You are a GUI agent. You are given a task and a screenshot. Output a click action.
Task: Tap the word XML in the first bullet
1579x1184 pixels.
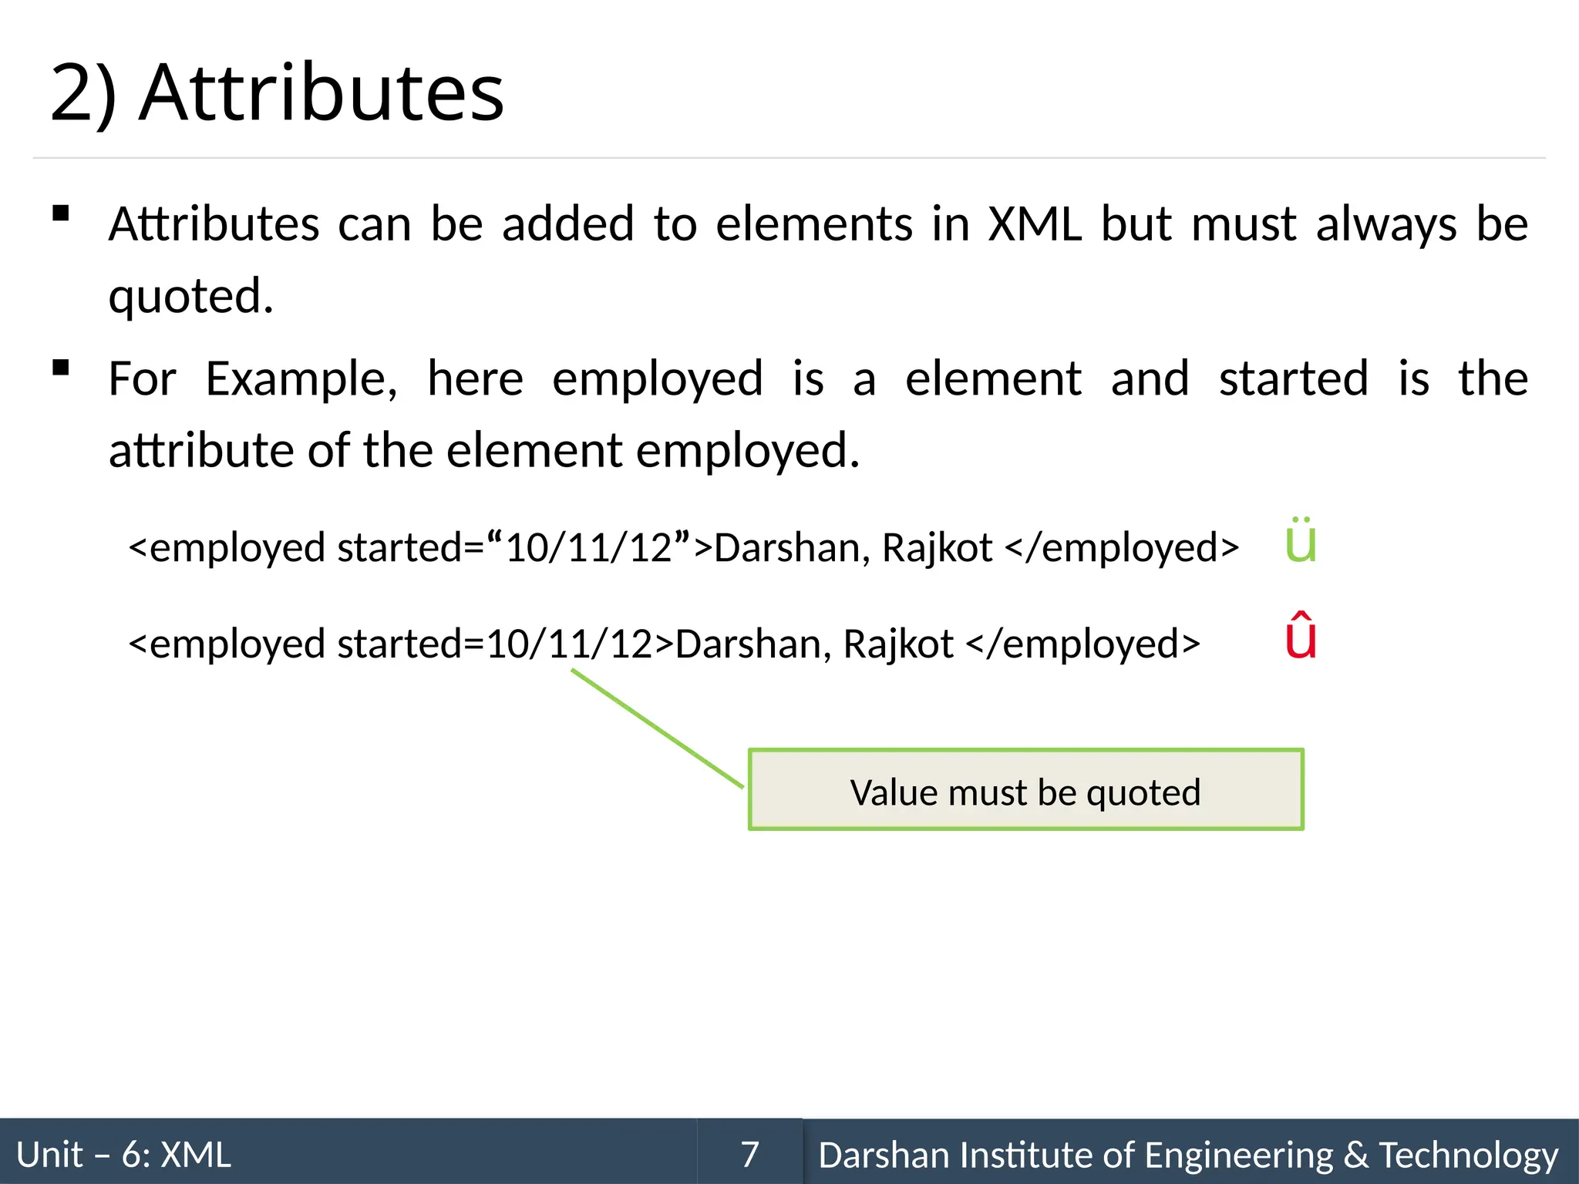tap(1035, 224)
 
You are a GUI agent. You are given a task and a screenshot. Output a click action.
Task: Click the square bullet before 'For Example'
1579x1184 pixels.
tap(61, 368)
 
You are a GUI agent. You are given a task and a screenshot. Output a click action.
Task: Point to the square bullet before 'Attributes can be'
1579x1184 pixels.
tap(61, 214)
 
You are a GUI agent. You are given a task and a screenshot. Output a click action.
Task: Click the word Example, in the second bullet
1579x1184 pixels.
tap(301, 379)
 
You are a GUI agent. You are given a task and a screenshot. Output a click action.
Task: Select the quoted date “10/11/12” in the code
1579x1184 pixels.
tap(590, 547)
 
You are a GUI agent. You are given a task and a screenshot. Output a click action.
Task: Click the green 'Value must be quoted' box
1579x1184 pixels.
tap(1025, 790)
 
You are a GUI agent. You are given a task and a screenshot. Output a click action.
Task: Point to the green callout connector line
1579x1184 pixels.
tap(657, 728)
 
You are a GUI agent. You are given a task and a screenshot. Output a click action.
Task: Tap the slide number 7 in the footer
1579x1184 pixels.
tap(750, 1155)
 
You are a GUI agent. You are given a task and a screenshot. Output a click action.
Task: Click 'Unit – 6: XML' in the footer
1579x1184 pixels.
tap(123, 1155)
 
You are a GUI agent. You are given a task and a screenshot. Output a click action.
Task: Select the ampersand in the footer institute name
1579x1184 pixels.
tap(1356, 1155)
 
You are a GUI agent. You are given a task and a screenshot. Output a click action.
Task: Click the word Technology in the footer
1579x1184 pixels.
tap(1469, 1155)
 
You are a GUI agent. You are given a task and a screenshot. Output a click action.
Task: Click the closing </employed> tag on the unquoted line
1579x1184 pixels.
tap(1082, 644)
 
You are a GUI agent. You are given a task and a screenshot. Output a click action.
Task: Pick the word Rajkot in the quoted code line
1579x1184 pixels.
tap(937, 547)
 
